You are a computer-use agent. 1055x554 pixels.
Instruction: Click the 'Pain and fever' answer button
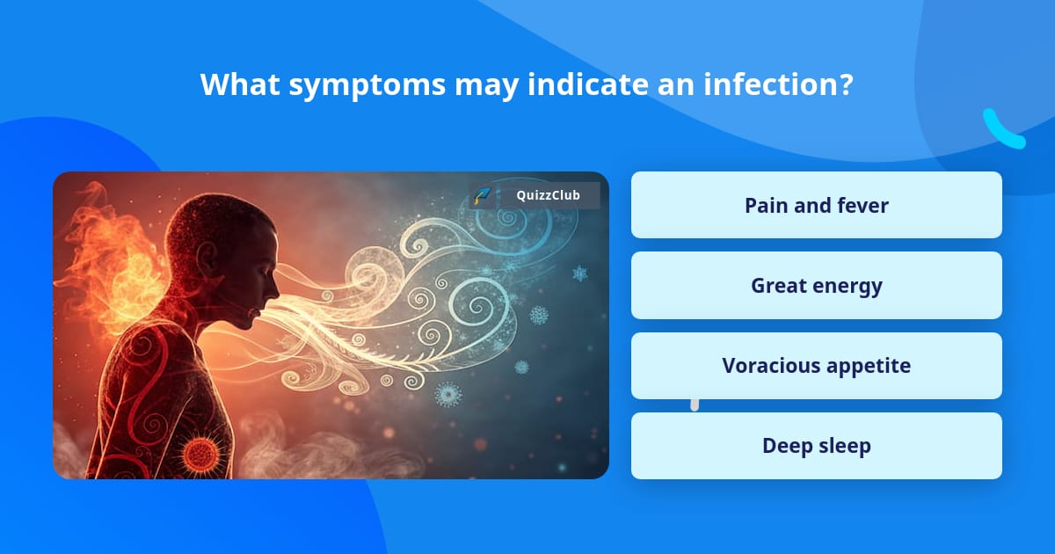[x=816, y=205]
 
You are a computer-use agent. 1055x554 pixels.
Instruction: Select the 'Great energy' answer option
[x=816, y=286]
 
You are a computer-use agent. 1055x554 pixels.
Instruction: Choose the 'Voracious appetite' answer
[x=816, y=366]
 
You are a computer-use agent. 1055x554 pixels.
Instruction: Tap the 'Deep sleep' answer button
[x=816, y=446]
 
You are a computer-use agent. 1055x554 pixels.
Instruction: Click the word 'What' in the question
[x=232, y=84]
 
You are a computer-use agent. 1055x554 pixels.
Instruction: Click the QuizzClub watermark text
[x=548, y=195]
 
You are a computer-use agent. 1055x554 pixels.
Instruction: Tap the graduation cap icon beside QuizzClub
[x=482, y=195]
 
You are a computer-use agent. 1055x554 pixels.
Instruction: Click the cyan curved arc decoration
[x=1002, y=130]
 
